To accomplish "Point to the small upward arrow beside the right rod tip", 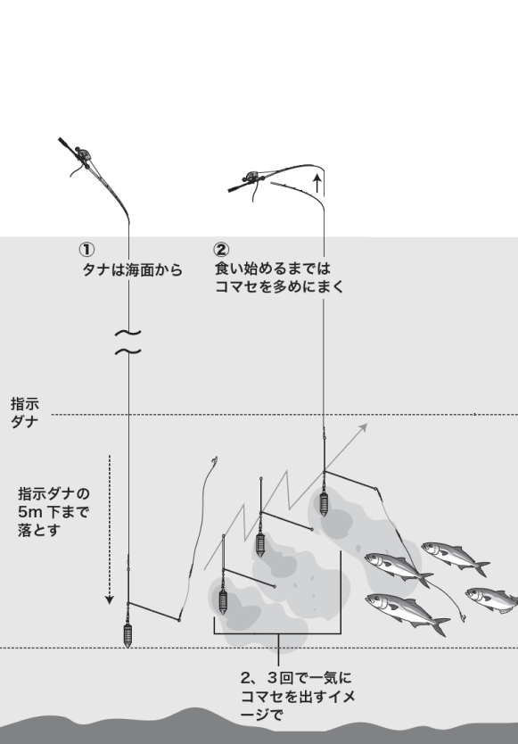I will pyautogui.click(x=317, y=186).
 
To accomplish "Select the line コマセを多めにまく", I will pyautogui.click(x=277, y=286).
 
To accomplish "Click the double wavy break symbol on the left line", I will pyautogui.click(x=129, y=342).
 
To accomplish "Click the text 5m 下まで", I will pyautogui.click(x=59, y=511).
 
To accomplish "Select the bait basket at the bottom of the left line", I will pyautogui.click(x=128, y=634).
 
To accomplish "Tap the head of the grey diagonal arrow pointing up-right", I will pyautogui.click(x=363, y=428).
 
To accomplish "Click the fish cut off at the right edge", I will pyautogui.click(x=493, y=598).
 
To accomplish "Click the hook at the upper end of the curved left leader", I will pyautogui.click(x=214, y=461).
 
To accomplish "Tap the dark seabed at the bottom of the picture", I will pyautogui.click(x=259, y=727).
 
